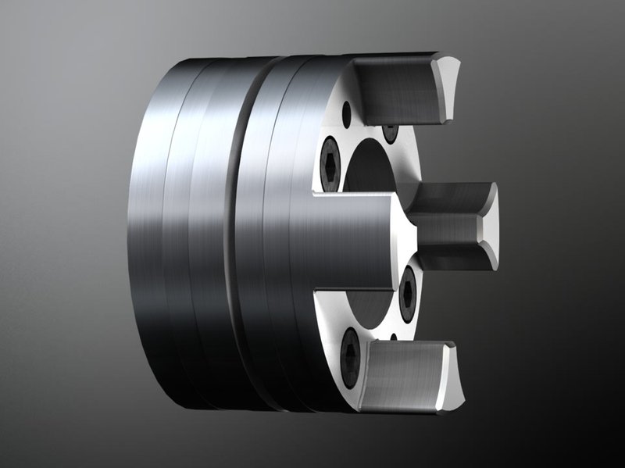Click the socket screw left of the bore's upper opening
click(x=330, y=163)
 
